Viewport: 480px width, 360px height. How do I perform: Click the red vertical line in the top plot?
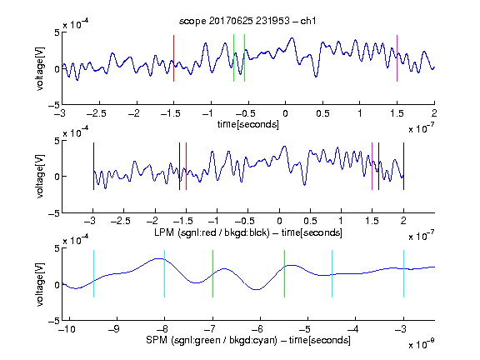[x=173, y=58]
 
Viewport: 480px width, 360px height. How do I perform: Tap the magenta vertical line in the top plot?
[x=397, y=58]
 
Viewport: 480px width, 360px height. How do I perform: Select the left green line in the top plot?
[x=233, y=58]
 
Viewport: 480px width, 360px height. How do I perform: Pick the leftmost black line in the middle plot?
[x=93, y=166]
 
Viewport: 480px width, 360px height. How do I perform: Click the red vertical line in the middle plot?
[x=186, y=166]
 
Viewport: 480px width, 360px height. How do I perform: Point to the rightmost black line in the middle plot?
[x=403, y=166]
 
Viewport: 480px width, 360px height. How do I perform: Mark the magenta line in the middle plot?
[x=372, y=166]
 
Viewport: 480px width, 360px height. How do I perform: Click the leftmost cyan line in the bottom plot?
[x=93, y=273]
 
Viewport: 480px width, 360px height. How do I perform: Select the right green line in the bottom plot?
[x=284, y=273]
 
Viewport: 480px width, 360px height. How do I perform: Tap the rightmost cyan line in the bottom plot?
[x=403, y=273]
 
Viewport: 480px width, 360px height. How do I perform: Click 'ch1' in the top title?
[x=308, y=21]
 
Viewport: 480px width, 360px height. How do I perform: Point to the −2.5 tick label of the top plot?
[x=97, y=114]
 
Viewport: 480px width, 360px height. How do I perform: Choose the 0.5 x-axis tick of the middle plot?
[x=310, y=221]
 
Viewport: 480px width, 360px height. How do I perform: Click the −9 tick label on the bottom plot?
[x=114, y=329]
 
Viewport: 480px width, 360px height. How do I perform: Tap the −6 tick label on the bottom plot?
[x=257, y=329]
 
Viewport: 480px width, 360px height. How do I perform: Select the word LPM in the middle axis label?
[x=164, y=232]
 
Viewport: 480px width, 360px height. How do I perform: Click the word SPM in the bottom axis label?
[x=157, y=340]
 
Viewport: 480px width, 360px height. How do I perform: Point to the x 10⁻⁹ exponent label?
[x=422, y=343]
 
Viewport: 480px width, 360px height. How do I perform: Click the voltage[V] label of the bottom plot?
[x=40, y=284]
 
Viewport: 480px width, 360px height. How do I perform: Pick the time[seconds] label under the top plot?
[x=248, y=125]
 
